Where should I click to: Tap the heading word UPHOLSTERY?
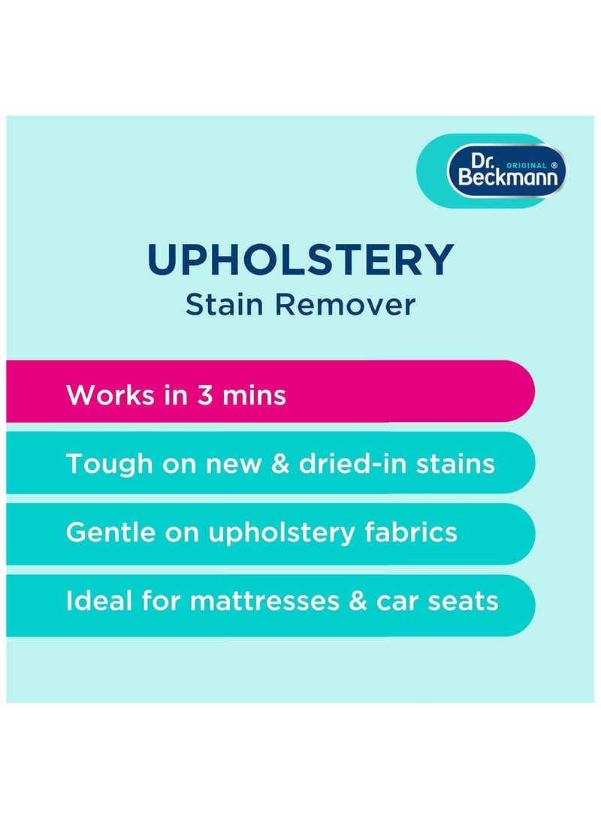pyautogui.click(x=300, y=260)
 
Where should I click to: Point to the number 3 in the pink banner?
pyautogui.click(x=205, y=395)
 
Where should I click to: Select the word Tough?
pyautogui.click(x=107, y=463)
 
